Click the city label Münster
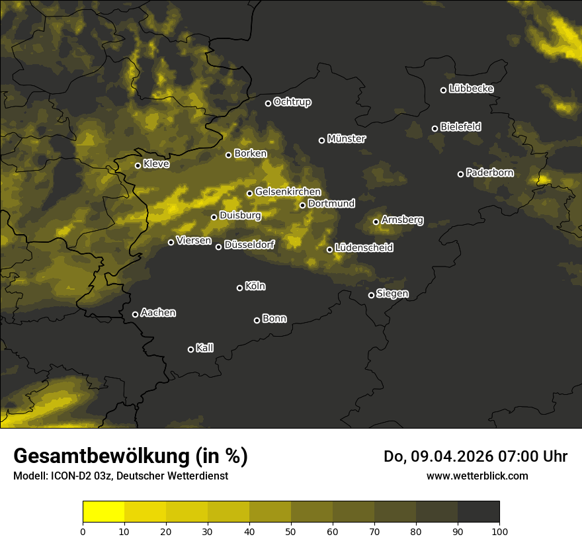point(347,139)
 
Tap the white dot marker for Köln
point(240,288)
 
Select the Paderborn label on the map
point(490,173)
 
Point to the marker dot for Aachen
point(136,314)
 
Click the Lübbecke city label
point(471,89)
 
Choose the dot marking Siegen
point(371,295)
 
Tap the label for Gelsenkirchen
point(288,192)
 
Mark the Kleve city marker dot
point(138,165)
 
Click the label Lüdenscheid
point(364,248)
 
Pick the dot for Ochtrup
point(269,103)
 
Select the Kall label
point(205,349)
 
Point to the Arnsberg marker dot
point(376,222)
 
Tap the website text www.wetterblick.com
point(477,476)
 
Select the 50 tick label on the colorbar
point(291,531)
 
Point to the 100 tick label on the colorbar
point(499,531)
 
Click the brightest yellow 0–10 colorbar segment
point(104,512)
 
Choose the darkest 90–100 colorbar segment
point(478,512)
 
